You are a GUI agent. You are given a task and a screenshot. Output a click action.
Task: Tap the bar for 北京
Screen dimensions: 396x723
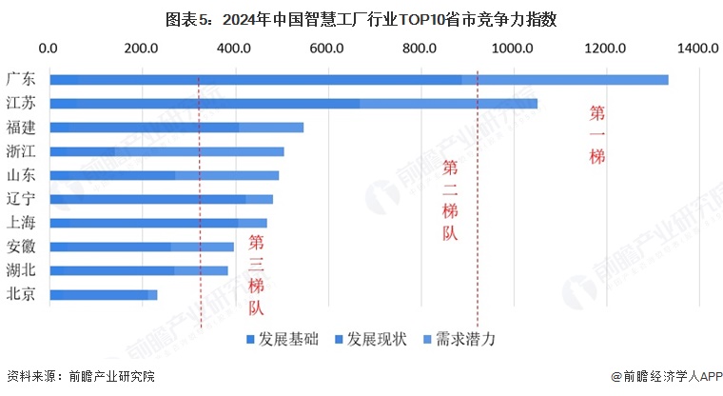point(103,295)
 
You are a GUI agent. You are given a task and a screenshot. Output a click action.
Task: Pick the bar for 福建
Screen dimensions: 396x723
point(176,128)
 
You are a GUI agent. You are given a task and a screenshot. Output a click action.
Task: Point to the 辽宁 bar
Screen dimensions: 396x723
point(161,199)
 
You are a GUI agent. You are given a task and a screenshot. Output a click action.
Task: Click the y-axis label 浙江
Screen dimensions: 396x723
point(21,151)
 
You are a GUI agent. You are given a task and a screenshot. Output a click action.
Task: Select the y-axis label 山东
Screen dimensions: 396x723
point(21,175)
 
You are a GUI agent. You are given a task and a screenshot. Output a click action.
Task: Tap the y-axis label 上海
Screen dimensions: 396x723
point(21,223)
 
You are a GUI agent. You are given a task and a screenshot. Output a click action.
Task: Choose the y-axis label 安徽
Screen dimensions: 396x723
point(21,247)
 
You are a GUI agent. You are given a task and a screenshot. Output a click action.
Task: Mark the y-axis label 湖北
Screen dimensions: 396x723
point(21,270)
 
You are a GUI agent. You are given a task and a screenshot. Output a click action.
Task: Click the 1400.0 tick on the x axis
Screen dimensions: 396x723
point(699,48)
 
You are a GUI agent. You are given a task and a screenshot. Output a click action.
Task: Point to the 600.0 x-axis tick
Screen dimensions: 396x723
point(327,48)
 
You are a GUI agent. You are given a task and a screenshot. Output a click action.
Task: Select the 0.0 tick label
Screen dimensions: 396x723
point(49,48)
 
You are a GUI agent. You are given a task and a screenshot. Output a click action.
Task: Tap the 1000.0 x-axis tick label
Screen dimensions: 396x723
point(513,48)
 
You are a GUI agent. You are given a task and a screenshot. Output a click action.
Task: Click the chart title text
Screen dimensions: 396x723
point(361,16)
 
